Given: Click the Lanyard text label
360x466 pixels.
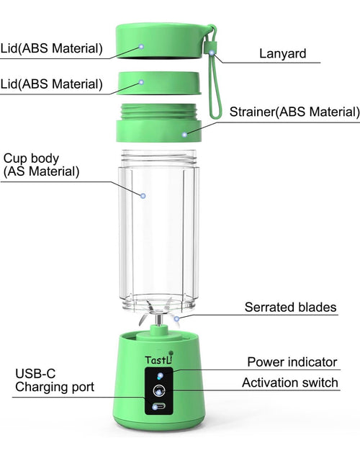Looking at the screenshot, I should [x=282, y=53].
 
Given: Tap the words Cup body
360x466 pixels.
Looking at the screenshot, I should [x=31, y=158].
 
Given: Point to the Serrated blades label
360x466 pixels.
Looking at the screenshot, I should [x=290, y=308].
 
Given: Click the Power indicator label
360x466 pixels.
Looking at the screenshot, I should [x=292, y=362].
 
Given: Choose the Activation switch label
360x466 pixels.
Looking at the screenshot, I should [x=290, y=382].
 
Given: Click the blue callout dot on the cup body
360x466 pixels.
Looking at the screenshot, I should [x=143, y=195].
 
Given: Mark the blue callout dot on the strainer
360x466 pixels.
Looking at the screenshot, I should [x=185, y=134].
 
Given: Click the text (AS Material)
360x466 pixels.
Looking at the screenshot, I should [x=41, y=172].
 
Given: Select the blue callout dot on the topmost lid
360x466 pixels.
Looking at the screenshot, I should [x=141, y=46].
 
